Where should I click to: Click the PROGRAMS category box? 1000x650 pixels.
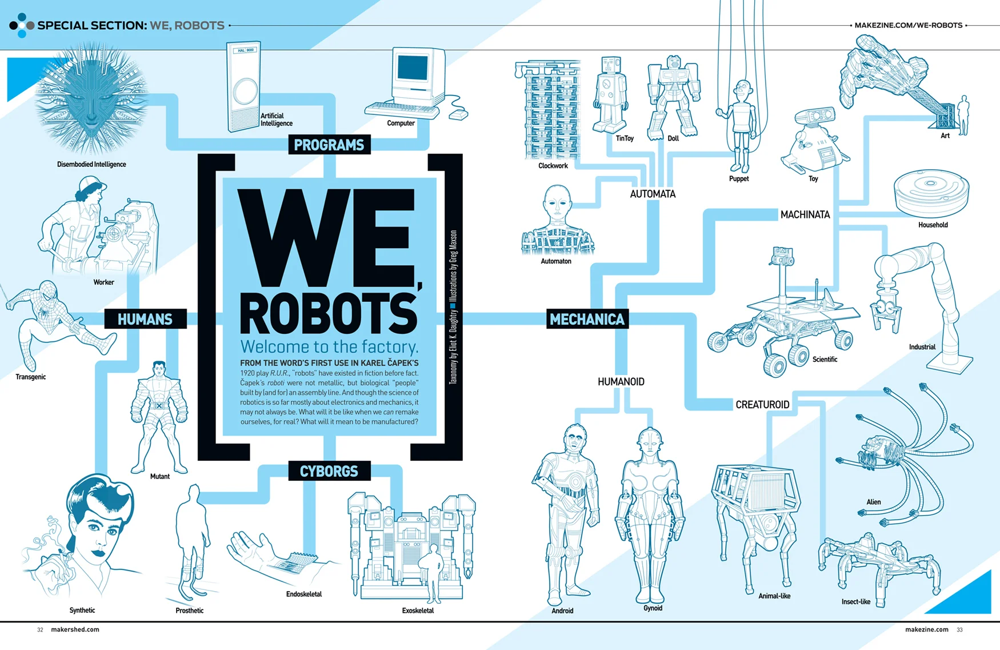(329, 145)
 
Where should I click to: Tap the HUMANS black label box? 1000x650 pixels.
(145, 319)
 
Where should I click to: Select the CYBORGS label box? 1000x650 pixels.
(329, 471)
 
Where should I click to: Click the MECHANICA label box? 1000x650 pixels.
(587, 319)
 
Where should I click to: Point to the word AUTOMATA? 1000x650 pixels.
(653, 194)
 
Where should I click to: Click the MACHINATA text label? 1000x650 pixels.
(805, 215)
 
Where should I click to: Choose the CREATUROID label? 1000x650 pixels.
(762, 405)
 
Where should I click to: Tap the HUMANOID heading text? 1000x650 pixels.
(621, 382)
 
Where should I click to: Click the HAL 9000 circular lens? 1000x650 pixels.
(245, 91)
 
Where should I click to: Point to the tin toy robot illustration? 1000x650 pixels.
(610, 94)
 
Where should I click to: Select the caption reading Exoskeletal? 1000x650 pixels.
(418, 611)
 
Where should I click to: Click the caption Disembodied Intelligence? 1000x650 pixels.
(91, 165)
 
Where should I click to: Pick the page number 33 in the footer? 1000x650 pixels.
(959, 629)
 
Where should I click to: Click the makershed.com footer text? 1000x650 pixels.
(75, 629)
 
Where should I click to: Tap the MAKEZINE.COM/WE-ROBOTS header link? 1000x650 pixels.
(908, 25)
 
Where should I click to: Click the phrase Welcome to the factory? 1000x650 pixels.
(329, 346)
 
